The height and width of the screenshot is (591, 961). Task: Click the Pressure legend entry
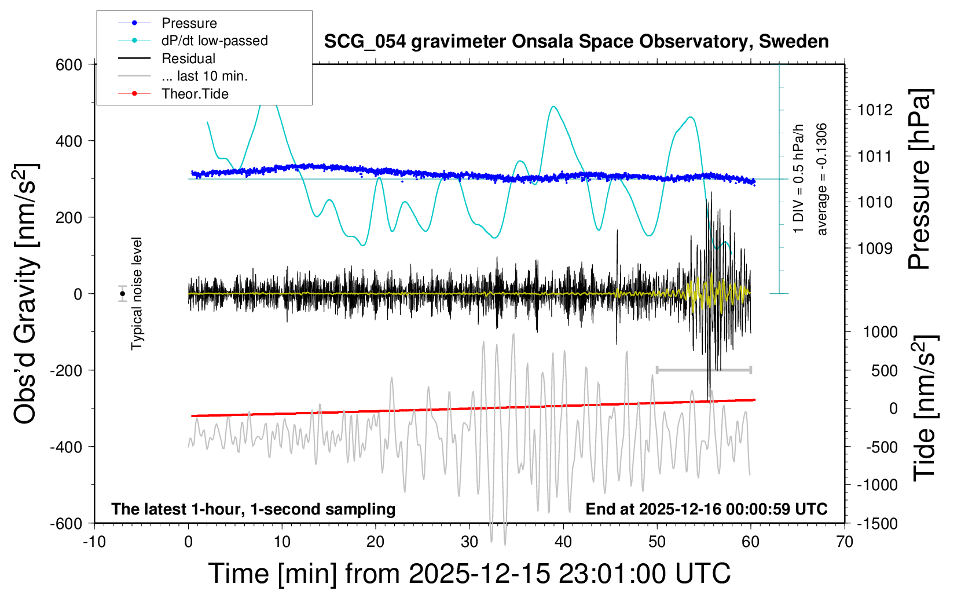[x=189, y=23]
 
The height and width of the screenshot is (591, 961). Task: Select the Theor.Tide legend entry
[x=195, y=94]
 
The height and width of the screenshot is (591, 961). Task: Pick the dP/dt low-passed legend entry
[x=214, y=41]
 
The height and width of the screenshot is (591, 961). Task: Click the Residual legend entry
[x=188, y=59]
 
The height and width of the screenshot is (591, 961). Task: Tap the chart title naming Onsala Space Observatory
[x=576, y=42]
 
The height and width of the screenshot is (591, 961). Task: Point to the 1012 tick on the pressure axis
[x=875, y=110]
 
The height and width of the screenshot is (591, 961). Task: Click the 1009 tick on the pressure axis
[x=875, y=249]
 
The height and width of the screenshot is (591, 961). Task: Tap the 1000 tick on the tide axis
[x=880, y=332]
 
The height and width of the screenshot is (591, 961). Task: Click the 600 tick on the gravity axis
[x=69, y=65]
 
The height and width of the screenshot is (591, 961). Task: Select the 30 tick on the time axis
[x=470, y=542]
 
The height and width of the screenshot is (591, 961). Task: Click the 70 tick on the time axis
[x=845, y=542]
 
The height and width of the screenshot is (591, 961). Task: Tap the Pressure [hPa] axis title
[x=919, y=180]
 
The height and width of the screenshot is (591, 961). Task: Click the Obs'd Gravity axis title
[x=26, y=294]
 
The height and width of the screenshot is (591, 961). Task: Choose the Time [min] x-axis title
[x=469, y=574]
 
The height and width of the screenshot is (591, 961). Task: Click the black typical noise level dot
[x=122, y=294]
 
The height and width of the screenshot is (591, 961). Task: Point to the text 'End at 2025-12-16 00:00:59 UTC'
[x=706, y=509]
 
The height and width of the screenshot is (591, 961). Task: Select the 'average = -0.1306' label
[x=821, y=180]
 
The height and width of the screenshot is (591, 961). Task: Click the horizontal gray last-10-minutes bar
[x=703, y=370]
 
